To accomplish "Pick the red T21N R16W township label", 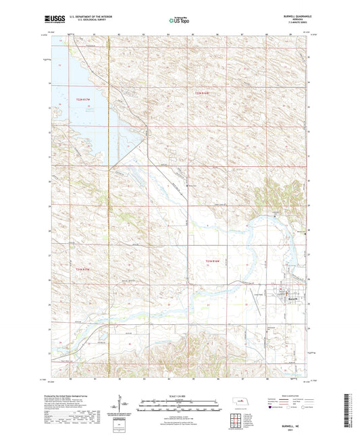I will (213, 260).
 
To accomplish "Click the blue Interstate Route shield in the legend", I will (272, 407).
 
